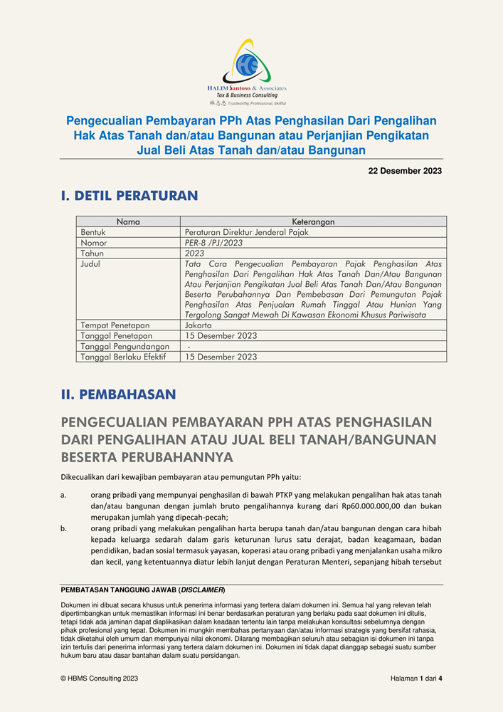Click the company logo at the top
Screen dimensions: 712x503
point(246,69)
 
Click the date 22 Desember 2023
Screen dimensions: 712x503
point(405,171)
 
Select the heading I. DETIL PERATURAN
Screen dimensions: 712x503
point(129,195)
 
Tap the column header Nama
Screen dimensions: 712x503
point(128,222)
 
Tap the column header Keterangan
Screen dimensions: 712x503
point(313,222)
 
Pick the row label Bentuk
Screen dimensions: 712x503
point(93,232)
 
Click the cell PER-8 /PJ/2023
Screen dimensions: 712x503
point(213,243)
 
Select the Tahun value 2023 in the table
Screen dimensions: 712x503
point(194,253)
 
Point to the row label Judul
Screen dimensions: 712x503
point(91,263)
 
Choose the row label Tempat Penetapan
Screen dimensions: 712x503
point(115,325)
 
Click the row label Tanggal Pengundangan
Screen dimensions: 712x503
point(125,346)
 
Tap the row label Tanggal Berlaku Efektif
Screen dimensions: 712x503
point(123,357)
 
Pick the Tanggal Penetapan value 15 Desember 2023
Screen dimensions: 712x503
point(221,336)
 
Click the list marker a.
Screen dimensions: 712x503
point(64,495)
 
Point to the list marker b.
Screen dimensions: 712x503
point(64,528)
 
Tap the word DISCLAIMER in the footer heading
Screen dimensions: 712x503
point(202,590)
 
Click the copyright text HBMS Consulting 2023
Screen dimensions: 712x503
point(102,679)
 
